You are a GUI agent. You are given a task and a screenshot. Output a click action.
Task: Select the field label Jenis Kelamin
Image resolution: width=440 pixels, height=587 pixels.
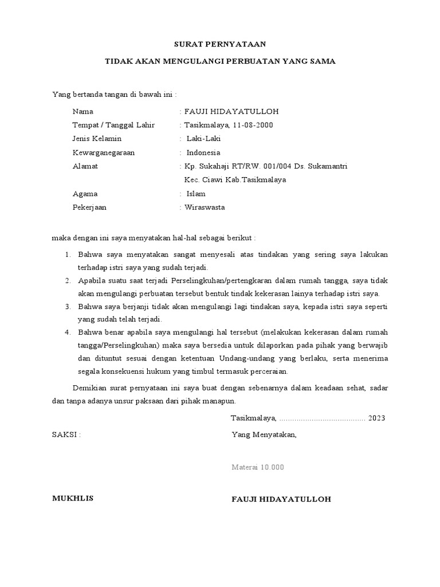tap(97, 139)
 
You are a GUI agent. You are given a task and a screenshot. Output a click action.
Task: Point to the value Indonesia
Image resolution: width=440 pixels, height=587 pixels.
tap(203, 152)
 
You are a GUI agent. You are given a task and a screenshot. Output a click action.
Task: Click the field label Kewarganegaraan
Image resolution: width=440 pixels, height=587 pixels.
tap(107, 152)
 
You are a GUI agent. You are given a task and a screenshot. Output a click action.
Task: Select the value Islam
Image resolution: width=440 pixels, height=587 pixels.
tap(196, 194)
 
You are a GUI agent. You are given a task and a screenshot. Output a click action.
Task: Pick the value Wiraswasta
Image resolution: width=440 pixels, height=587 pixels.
tap(205, 208)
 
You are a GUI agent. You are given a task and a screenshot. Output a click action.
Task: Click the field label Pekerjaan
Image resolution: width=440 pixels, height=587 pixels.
tap(89, 208)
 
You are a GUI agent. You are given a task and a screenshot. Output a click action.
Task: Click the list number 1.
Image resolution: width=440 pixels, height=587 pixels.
tap(66, 254)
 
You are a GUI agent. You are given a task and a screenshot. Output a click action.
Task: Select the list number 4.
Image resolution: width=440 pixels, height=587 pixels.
tap(66, 332)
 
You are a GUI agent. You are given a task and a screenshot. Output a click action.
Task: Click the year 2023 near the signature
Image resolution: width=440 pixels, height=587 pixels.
tap(377, 418)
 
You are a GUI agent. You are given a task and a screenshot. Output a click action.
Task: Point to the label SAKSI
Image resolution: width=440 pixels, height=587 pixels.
tap(66, 435)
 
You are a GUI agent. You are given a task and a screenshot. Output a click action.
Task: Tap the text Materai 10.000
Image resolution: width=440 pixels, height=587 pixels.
tap(257, 467)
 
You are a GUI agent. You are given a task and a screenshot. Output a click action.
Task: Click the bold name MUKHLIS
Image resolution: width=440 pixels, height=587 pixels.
tap(73, 499)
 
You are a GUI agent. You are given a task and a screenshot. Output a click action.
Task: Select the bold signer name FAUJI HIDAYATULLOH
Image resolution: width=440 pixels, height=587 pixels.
tap(281, 499)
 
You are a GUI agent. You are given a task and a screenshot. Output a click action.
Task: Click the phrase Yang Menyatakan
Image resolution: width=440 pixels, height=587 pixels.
tap(264, 435)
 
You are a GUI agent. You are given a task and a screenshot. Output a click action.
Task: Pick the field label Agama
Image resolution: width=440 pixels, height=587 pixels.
tap(85, 194)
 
